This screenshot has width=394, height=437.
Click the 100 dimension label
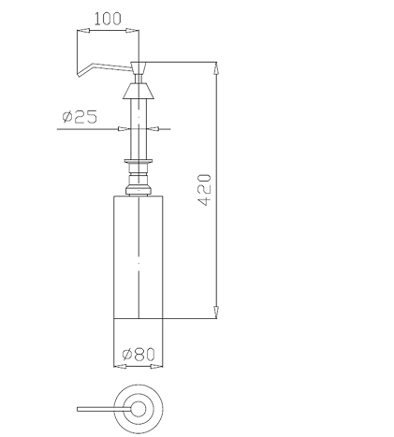(x=108, y=19)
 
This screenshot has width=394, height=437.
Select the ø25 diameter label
(x=80, y=117)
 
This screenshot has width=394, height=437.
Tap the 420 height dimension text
(x=205, y=190)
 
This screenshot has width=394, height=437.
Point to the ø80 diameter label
(x=139, y=355)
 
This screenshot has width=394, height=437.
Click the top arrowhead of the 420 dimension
(x=216, y=68)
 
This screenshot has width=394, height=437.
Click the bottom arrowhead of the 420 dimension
(x=216, y=313)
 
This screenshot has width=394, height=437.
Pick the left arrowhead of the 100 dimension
(x=83, y=31)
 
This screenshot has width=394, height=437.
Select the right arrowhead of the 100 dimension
(x=132, y=31)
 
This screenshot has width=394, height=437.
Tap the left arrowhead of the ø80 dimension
(x=120, y=366)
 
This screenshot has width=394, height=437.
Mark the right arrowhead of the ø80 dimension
(x=156, y=366)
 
